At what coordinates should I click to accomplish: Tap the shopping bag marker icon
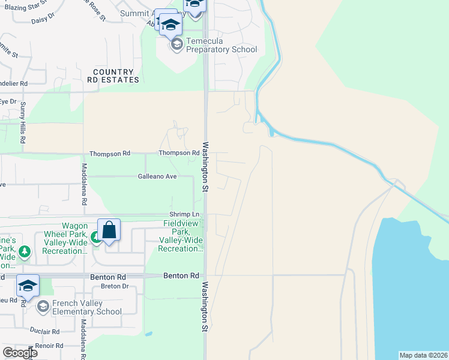(109, 230)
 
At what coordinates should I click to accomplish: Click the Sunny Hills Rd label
(23, 122)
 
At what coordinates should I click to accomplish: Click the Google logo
(20, 352)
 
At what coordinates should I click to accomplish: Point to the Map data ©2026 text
(423, 355)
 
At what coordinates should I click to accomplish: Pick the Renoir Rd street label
(49, 346)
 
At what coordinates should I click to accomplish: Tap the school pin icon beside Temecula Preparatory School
(176, 44)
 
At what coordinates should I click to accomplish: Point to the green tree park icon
(25, 251)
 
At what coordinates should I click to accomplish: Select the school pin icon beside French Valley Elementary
(43, 307)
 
